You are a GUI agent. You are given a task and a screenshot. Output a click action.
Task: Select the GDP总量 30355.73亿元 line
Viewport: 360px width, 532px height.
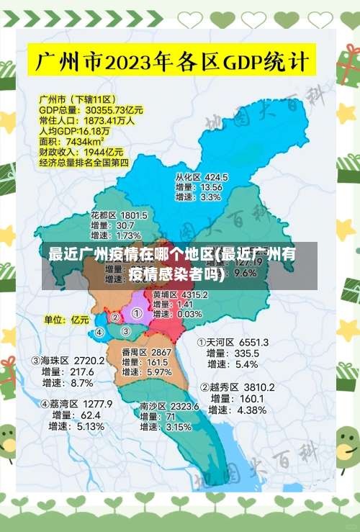91,110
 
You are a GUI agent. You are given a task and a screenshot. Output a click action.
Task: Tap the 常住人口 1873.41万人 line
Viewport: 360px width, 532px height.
86,121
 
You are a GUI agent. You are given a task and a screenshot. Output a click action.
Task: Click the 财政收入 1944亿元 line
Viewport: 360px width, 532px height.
81,152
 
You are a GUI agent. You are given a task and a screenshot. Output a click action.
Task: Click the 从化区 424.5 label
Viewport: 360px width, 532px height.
202,177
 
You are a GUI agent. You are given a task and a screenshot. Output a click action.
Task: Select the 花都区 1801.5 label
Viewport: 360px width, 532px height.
119,215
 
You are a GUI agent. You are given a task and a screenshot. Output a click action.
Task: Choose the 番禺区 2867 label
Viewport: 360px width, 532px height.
146,352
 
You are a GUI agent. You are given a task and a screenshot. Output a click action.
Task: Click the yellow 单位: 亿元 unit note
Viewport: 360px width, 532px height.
67,319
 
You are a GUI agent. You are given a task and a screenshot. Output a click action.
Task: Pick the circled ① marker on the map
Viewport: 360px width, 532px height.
136,313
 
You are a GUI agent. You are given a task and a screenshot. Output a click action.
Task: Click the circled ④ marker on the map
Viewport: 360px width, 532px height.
100,332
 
